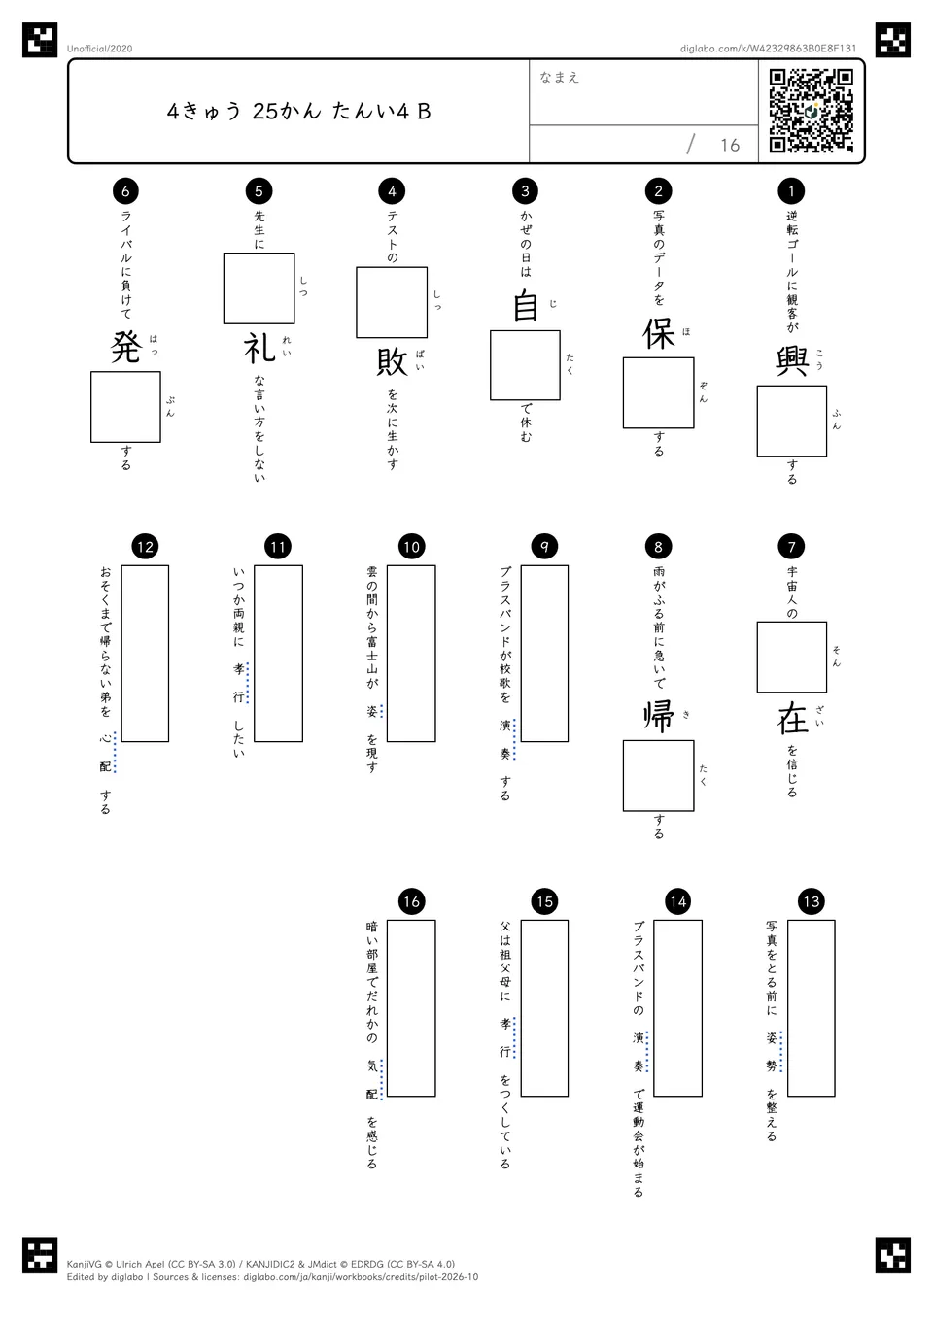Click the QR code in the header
click(x=812, y=111)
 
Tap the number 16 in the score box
click(x=730, y=145)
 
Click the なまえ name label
click(x=560, y=77)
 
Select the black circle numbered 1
click(x=791, y=190)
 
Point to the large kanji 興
click(x=792, y=361)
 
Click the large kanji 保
click(x=659, y=333)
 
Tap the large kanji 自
click(x=526, y=306)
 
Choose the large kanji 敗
click(x=392, y=361)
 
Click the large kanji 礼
click(x=259, y=348)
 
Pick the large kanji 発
click(x=125, y=348)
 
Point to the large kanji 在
click(x=792, y=718)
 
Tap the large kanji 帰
click(x=659, y=717)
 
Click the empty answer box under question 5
click(x=259, y=288)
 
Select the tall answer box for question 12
click(x=145, y=654)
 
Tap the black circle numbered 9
click(x=544, y=547)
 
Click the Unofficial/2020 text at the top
click(x=99, y=49)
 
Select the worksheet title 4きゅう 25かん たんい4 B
click(x=299, y=111)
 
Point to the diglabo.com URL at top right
click(x=768, y=49)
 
